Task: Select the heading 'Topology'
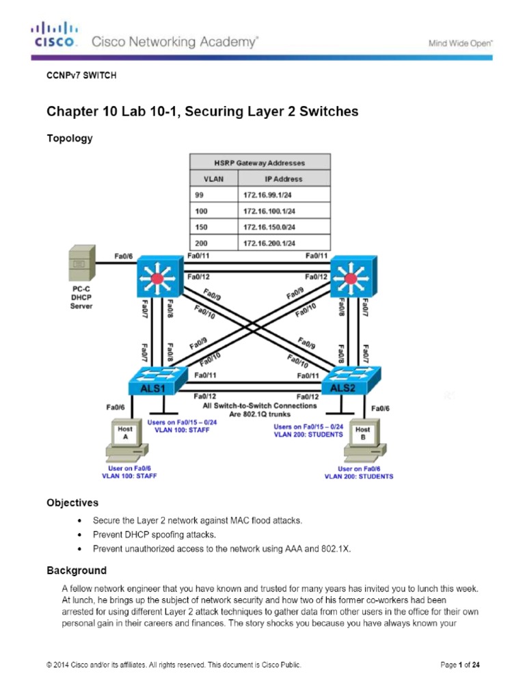[x=69, y=138]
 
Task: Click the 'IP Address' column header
[x=283, y=179]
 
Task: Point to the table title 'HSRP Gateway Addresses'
[x=260, y=163]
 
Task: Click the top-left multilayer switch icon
[x=158, y=278]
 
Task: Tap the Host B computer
[x=362, y=442]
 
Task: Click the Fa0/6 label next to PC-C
[x=123, y=256]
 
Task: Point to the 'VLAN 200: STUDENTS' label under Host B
[x=359, y=476]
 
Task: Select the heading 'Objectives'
[x=72, y=502]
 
